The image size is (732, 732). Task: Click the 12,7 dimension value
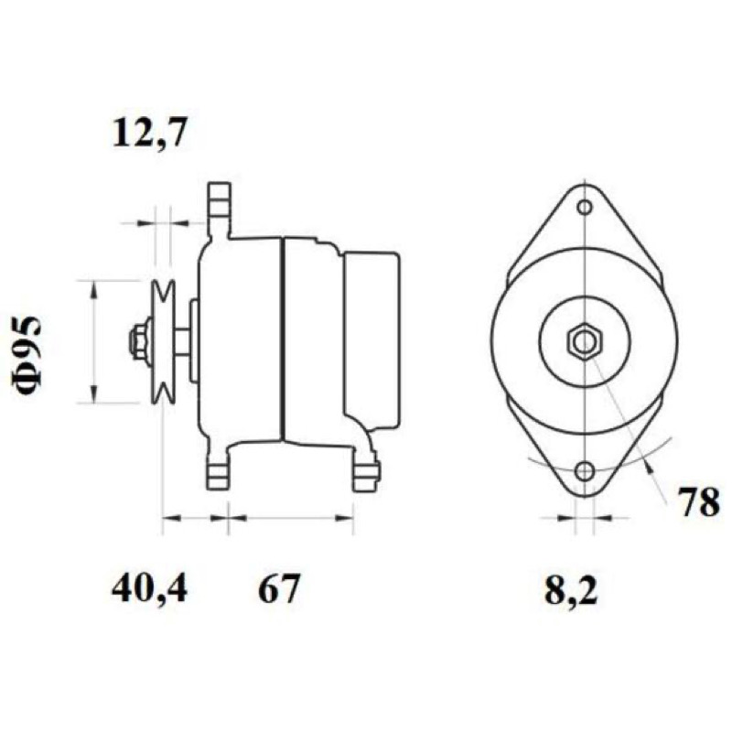[150, 132]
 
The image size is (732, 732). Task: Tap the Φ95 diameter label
[27, 354]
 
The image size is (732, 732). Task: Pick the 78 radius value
[699, 502]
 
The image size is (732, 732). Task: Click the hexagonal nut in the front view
[585, 342]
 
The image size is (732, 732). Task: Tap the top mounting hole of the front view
[585, 207]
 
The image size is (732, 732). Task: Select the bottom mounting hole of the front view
[585, 471]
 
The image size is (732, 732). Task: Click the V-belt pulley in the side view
[163, 341]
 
